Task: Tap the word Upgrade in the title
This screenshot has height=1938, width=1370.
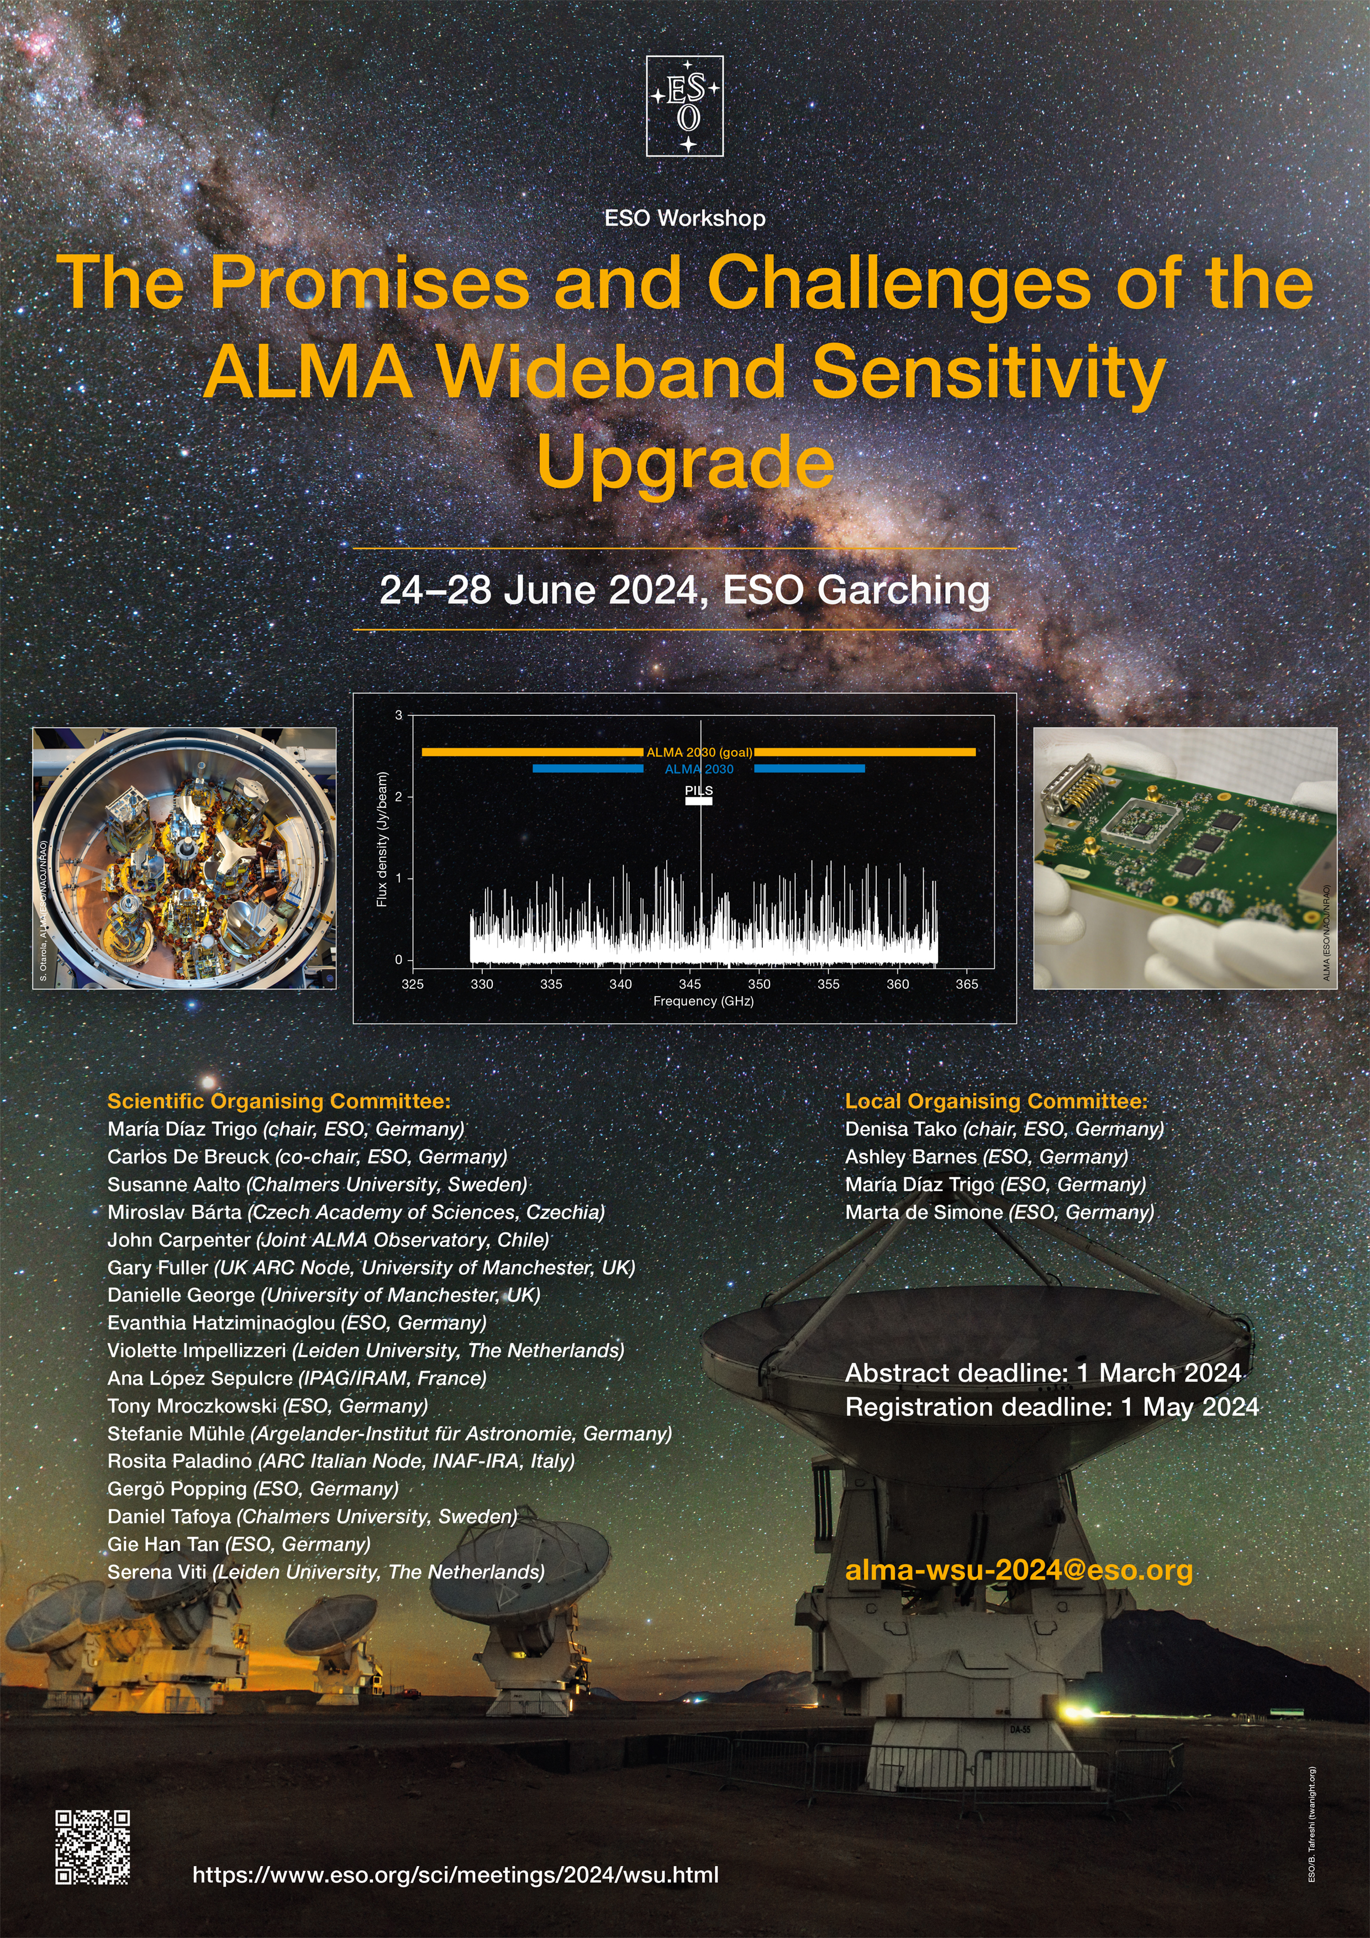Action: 686,462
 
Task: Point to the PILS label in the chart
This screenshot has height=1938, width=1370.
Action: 699,790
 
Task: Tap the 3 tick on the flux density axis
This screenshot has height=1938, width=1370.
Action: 399,715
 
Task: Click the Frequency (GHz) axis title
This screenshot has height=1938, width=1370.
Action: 703,1001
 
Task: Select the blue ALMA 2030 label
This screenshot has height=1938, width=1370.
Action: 699,769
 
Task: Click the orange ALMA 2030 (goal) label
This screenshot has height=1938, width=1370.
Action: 699,752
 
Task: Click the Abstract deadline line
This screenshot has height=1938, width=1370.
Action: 1044,1372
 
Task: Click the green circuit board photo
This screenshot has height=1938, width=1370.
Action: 1185,859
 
